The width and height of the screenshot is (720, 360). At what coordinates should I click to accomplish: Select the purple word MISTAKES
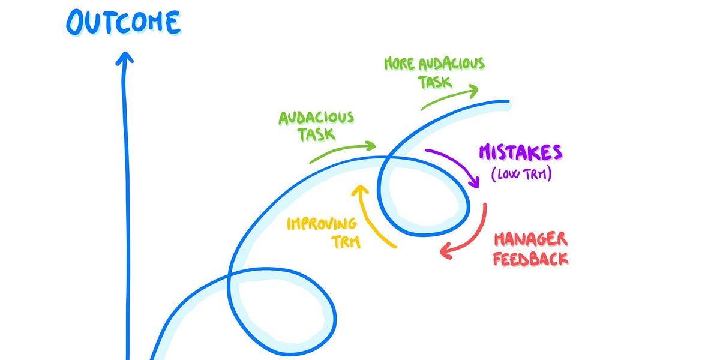[x=520, y=152]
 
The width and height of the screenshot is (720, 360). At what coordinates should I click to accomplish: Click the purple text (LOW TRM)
[x=521, y=174]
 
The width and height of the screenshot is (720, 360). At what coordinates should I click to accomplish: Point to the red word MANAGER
[x=530, y=240]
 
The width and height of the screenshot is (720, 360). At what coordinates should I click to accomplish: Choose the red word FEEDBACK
[x=530, y=259]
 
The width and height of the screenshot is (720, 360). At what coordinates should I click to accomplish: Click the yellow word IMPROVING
[x=322, y=224]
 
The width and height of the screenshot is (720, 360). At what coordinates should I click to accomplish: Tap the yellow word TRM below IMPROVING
[x=346, y=241]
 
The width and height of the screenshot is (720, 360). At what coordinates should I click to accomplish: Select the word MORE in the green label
[x=400, y=64]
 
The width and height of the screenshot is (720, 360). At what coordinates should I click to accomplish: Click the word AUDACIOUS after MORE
[x=452, y=64]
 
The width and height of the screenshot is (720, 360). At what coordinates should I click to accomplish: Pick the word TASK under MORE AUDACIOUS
[x=435, y=82]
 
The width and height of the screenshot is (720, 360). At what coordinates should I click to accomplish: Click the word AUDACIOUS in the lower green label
[x=316, y=118]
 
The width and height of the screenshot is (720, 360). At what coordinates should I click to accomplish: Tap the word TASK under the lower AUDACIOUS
[x=317, y=134]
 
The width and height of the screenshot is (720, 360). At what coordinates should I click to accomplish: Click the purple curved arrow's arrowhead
[x=475, y=182]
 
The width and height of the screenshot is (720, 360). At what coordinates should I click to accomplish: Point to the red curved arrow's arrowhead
[x=445, y=251]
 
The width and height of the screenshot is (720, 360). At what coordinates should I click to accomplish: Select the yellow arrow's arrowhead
[x=360, y=190]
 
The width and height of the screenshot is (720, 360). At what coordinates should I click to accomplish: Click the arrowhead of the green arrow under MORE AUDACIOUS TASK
[x=473, y=91]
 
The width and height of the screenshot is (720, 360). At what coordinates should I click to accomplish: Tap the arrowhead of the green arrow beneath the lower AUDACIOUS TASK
[x=370, y=146]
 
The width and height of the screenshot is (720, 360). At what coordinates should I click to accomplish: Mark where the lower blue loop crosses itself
[x=229, y=276]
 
